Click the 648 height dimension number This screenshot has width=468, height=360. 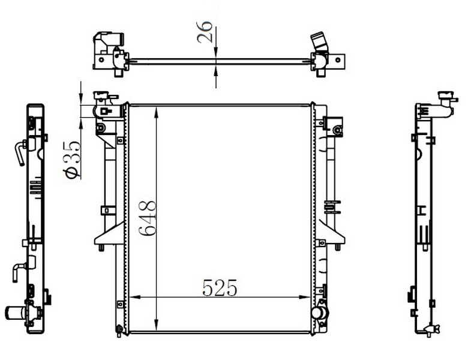tap(148, 218)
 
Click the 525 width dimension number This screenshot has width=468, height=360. tap(220, 288)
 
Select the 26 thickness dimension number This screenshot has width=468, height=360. tap(205, 32)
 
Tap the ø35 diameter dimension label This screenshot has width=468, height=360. tap(72, 160)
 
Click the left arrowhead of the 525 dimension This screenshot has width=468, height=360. tap(135, 297)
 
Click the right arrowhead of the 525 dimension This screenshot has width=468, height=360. tap(305, 297)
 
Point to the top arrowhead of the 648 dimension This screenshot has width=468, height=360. tap(156, 112)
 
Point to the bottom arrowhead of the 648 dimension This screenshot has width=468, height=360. tap(156, 325)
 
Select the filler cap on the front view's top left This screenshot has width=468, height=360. tap(101, 95)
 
